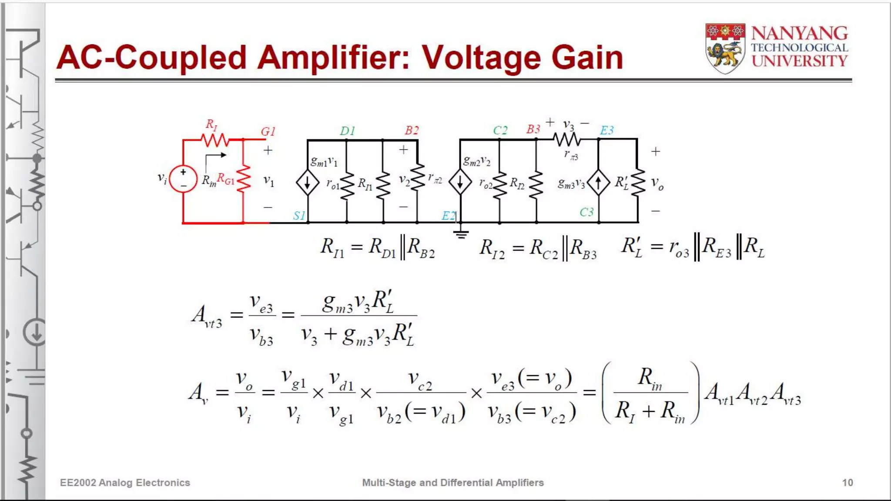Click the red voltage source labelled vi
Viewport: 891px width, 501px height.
pyautogui.click(x=183, y=179)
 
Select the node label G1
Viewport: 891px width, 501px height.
pyautogui.click(x=268, y=131)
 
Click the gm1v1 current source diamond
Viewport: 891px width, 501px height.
pyautogui.click(x=308, y=182)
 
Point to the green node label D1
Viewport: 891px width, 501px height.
pyautogui.click(x=348, y=131)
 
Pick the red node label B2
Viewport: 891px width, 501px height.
pyautogui.click(x=412, y=130)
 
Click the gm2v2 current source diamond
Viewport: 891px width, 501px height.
pyautogui.click(x=460, y=182)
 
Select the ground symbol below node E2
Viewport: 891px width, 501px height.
pyautogui.click(x=461, y=234)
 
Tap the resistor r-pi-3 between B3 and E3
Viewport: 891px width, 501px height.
pyautogui.click(x=567, y=140)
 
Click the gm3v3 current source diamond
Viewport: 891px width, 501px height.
pyautogui.click(x=598, y=183)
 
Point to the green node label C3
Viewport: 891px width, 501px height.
pyautogui.click(x=586, y=212)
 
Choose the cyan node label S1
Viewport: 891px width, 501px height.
pyautogui.click(x=299, y=215)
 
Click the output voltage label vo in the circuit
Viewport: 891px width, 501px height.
pyautogui.click(x=657, y=184)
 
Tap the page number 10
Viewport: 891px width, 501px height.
pyautogui.click(x=847, y=482)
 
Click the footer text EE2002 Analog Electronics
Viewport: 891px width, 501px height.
pyautogui.click(x=125, y=482)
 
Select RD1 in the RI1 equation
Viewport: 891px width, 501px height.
pyautogui.click(x=382, y=248)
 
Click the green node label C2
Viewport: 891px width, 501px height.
pyautogui.click(x=500, y=130)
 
